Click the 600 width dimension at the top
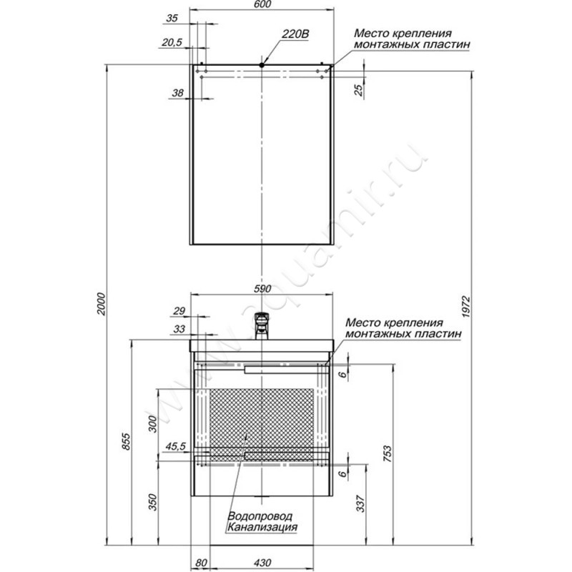262,4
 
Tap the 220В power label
295,34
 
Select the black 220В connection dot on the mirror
262,65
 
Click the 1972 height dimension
467,307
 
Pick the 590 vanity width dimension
262,289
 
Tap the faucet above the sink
262,326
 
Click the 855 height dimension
126,441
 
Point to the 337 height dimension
360,503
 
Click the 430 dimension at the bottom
262,563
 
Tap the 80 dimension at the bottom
201,563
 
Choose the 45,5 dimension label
176,446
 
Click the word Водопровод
260,516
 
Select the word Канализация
262,527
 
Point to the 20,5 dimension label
172,43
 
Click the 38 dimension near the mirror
177,93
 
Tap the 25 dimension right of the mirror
360,90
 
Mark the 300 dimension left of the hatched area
152,424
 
